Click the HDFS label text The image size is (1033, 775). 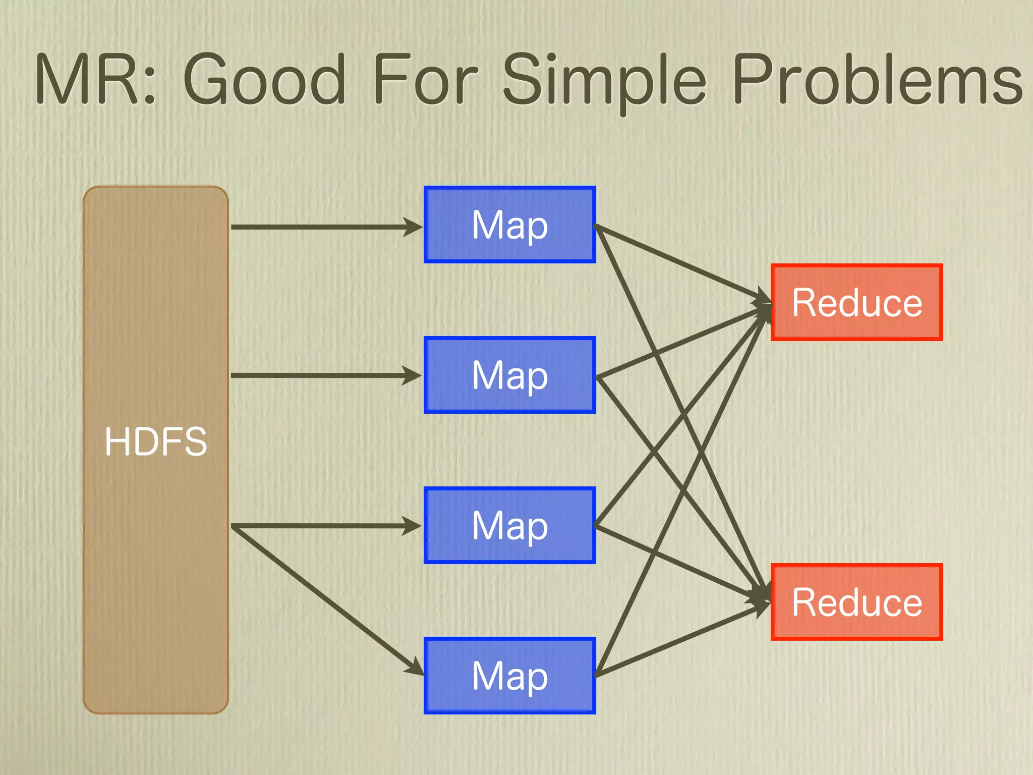[156, 441]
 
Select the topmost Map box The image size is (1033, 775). [509, 225]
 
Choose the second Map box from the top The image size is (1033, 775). [509, 375]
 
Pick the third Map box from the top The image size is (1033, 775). [509, 525]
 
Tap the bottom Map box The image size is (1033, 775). [509, 676]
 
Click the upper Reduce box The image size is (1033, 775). [856, 302]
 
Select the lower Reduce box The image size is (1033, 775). [856, 602]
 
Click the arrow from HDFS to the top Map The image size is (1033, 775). [323, 227]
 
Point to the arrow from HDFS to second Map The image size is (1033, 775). [323, 375]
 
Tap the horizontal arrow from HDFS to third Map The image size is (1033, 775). [323, 526]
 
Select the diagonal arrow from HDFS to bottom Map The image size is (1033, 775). [323, 598]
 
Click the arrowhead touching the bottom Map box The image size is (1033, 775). [415, 667]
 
